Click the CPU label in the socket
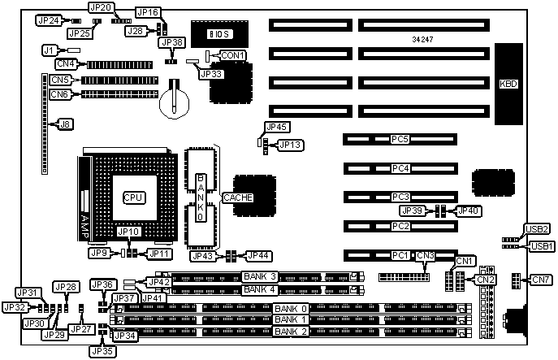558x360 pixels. pos(133,197)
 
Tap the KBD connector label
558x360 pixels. pos(508,84)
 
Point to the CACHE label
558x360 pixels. pos(238,197)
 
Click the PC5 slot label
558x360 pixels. pos(400,140)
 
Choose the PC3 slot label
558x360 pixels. pos(400,197)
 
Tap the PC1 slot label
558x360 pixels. pos(400,256)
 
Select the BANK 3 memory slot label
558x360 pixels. pos(260,277)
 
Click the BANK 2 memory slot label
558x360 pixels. pos(292,332)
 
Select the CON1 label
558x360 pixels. pos(233,54)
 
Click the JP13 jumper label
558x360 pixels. pos(291,145)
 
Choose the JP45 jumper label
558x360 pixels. pos(278,127)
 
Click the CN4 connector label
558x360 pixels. pos(66,63)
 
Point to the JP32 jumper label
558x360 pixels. pos(14,307)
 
